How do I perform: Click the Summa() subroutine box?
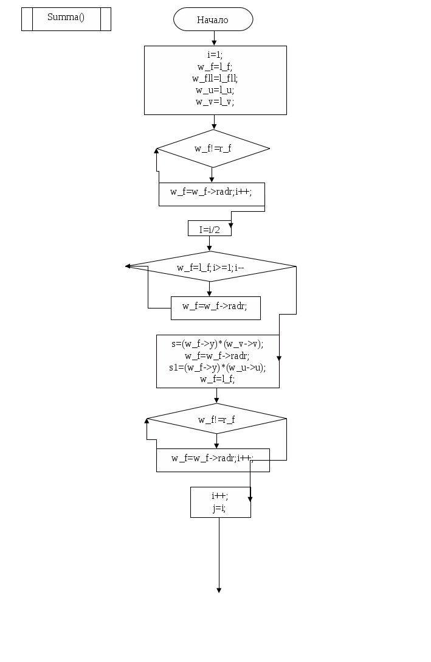point(66,18)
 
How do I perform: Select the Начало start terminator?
point(213,19)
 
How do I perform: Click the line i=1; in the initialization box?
point(215,54)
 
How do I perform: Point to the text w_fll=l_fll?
point(215,78)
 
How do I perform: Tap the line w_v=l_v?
point(215,102)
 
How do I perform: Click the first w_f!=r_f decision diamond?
point(213,148)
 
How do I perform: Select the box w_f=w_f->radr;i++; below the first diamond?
point(212,194)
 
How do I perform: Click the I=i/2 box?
point(209,229)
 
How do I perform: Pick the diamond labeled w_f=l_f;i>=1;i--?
point(210,267)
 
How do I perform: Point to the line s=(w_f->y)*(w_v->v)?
point(217,343)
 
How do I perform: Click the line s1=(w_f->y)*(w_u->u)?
point(217,368)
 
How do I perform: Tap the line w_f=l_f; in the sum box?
point(217,379)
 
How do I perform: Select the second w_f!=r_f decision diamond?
point(216,419)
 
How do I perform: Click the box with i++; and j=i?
point(220,502)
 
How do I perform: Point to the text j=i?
point(219,508)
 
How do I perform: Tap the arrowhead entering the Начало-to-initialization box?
point(214,43)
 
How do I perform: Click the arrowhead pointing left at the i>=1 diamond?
point(128,266)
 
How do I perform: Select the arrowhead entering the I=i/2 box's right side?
point(230,225)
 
